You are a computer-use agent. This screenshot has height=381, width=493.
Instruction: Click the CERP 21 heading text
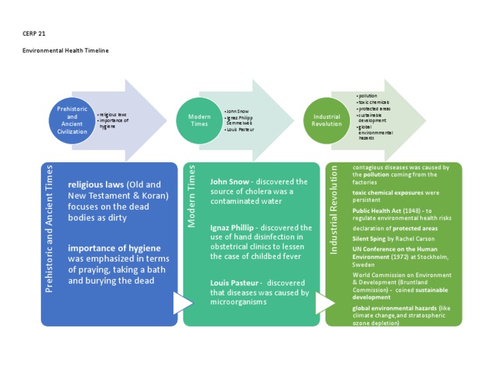point(33,33)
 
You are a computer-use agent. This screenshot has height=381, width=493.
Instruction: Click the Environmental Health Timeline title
point(65,51)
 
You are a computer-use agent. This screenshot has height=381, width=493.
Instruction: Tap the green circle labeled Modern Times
point(199,120)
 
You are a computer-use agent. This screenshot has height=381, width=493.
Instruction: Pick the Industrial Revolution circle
point(326,120)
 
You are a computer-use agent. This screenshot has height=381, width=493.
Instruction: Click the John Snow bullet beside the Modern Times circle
point(238,111)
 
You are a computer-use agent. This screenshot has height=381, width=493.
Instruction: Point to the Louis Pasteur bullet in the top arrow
point(240,129)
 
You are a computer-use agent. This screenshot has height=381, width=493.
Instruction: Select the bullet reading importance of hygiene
point(114,123)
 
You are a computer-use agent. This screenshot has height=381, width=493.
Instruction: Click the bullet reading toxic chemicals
point(374,102)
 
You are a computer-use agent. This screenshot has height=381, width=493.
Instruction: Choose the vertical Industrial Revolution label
point(334,208)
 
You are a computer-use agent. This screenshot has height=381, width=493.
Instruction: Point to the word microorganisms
point(238,302)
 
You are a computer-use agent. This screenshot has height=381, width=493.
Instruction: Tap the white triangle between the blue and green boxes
point(182,303)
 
